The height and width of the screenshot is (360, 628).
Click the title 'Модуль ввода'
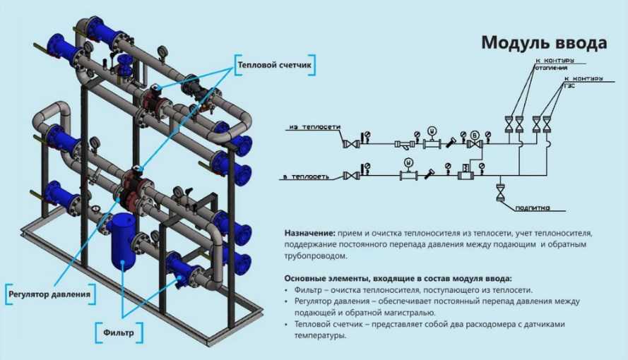pyautogui.click(x=544, y=42)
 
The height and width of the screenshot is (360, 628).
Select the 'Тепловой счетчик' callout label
pyautogui.click(x=274, y=65)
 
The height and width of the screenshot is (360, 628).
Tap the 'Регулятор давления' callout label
pyautogui.click(x=49, y=294)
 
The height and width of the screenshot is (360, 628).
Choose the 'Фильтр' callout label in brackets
pyautogui.click(x=119, y=332)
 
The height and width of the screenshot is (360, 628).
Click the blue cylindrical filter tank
pyautogui.click(x=123, y=241)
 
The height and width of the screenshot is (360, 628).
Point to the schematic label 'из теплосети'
pyautogui.click(x=315, y=127)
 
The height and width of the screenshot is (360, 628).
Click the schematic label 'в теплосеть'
pyautogui.click(x=307, y=176)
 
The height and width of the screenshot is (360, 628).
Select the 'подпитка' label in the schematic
pyautogui.click(x=532, y=208)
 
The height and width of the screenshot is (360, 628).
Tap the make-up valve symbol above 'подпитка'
pyautogui.click(x=500, y=192)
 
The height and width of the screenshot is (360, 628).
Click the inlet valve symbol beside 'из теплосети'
pyautogui.click(x=352, y=143)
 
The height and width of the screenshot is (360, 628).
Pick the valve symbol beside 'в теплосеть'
pyautogui.click(x=351, y=175)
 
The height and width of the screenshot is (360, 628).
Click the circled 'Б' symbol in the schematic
pyautogui.click(x=475, y=134)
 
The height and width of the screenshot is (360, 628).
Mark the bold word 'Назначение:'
pyautogui.click(x=309, y=233)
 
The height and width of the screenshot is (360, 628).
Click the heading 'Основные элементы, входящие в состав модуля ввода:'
pyautogui.click(x=398, y=278)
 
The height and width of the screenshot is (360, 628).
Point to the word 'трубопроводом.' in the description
pyautogui.click(x=316, y=256)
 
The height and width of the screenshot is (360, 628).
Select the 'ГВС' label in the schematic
pyautogui.click(x=569, y=85)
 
